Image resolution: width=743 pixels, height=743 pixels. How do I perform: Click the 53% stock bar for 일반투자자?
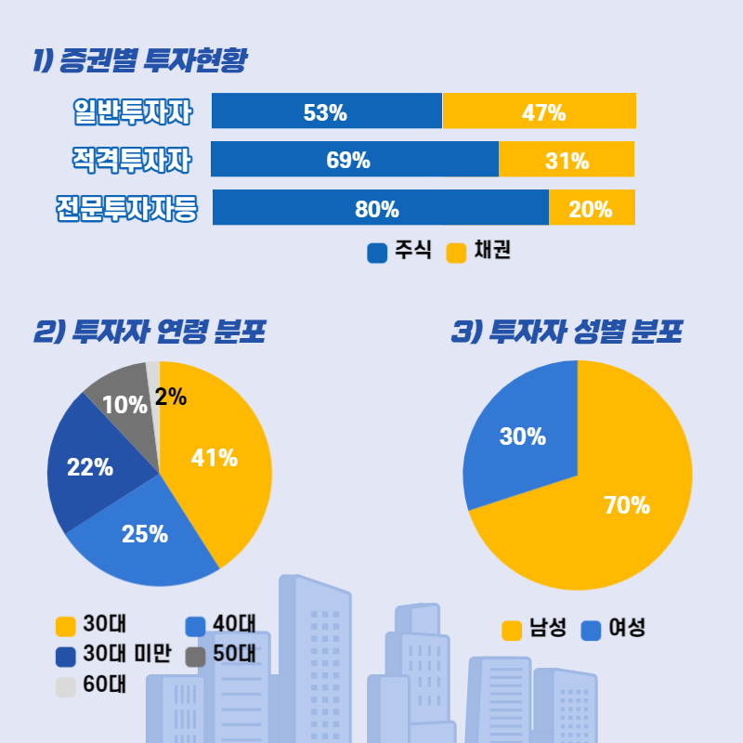click(x=326, y=111)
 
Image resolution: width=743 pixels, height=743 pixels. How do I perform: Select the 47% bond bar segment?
click(x=540, y=111)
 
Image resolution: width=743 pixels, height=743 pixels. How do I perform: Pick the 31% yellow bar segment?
click(x=567, y=159)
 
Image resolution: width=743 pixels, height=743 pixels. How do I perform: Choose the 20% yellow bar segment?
click(x=592, y=207)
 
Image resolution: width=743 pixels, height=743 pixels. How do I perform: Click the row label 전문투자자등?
click(x=126, y=208)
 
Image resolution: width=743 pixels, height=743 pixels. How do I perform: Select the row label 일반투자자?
click(x=133, y=112)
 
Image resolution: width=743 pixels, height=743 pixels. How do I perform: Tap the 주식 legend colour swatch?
click(x=377, y=253)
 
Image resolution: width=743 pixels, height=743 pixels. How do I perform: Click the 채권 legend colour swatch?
click(x=456, y=253)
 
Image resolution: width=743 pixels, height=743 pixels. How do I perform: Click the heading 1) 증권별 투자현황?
click(x=139, y=61)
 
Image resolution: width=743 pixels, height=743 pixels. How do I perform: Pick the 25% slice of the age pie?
click(x=149, y=543)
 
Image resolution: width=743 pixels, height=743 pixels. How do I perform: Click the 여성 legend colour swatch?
click(x=591, y=631)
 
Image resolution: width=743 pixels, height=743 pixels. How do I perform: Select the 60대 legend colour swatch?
click(x=65, y=687)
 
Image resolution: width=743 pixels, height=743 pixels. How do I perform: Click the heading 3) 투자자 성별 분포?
click(x=567, y=332)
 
